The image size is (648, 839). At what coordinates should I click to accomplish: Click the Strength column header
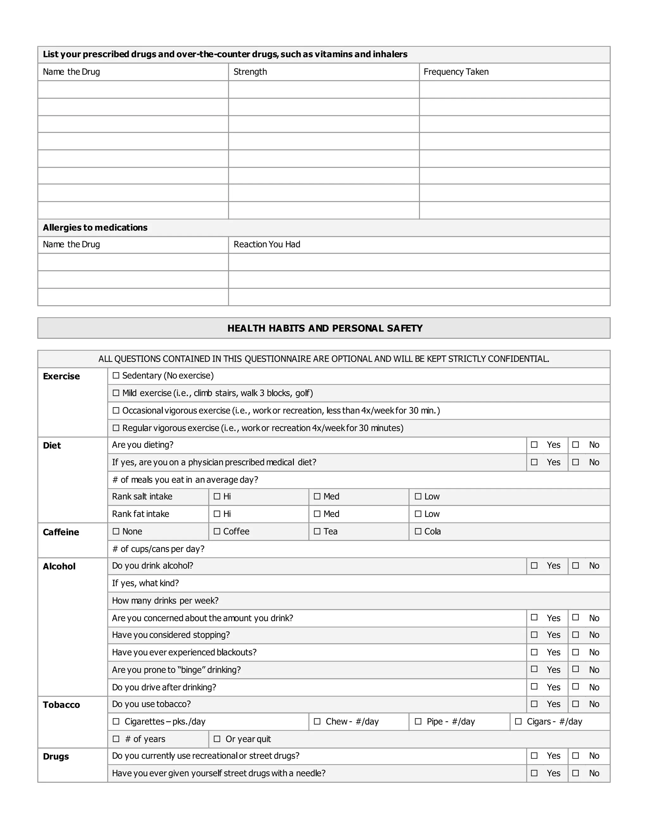[x=250, y=72]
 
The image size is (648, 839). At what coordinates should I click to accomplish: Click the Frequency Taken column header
[x=456, y=72]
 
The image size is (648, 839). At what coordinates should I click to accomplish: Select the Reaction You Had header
[x=267, y=244]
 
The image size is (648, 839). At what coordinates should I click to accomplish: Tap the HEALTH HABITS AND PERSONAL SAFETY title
[x=324, y=328]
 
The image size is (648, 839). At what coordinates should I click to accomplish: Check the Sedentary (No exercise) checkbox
[x=116, y=376]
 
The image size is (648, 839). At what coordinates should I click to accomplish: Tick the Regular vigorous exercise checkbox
[x=116, y=428]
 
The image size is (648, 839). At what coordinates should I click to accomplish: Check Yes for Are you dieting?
[x=534, y=445]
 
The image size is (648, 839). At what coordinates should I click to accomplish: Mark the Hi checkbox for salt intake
[x=217, y=496]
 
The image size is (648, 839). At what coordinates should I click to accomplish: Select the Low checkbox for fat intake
[x=418, y=514]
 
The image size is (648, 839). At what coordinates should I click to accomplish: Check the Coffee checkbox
[x=217, y=531]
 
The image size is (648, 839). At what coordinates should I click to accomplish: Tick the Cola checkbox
[x=418, y=531]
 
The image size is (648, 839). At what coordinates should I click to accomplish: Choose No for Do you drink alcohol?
[x=576, y=565]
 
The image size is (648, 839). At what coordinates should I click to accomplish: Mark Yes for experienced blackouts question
[x=534, y=652]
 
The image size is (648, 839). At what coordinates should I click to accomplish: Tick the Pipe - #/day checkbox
[x=418, y=722]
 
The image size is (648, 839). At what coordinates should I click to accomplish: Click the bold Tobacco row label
[x=61, y=704]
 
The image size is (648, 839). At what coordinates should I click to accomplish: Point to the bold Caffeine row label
[x=61, y=532]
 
